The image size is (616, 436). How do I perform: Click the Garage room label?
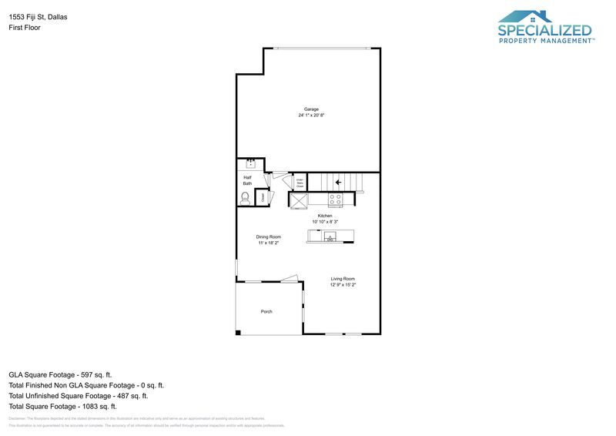coord(311,109)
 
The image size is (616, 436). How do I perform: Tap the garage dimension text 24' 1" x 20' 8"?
coord(311,116)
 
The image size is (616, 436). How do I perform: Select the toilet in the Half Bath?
coord(246,197)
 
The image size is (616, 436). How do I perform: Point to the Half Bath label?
coord(247,180)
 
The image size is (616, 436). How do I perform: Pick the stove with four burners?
coord(336,199)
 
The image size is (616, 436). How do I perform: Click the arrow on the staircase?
coord(337,183)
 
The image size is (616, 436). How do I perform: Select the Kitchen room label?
coord(325,216)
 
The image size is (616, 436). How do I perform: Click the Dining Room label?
coord(269,236)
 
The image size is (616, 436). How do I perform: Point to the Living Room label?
coord(343,279)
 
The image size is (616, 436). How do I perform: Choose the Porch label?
coord(266,311)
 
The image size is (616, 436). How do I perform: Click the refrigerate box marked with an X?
coord(298,199)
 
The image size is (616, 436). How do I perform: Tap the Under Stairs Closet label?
coord(300,183)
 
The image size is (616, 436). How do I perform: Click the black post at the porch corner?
coord(238,332)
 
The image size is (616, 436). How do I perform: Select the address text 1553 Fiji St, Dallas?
coord(38,16)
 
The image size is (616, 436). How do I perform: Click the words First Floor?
coord(25,28)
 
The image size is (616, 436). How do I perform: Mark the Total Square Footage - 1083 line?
coord(62,406)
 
